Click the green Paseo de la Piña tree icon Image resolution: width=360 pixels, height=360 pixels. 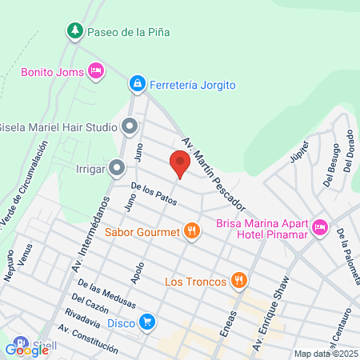pos(74,31)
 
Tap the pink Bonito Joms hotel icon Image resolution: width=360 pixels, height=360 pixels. pos(95,71)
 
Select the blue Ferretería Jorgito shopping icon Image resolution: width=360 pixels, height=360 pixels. pos(138,82)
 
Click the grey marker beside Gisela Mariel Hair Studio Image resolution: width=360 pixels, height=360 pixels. pos(130,126)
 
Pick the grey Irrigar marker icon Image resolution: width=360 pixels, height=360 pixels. pos(117,168)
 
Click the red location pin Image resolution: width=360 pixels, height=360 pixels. pos(180,164)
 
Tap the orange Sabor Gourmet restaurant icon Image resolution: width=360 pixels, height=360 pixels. pos(191,233)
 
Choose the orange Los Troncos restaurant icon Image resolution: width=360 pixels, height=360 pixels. pos(238,281)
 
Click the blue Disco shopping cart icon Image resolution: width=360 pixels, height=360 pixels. pos(147,322)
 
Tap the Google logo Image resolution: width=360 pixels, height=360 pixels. pos(26,350)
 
